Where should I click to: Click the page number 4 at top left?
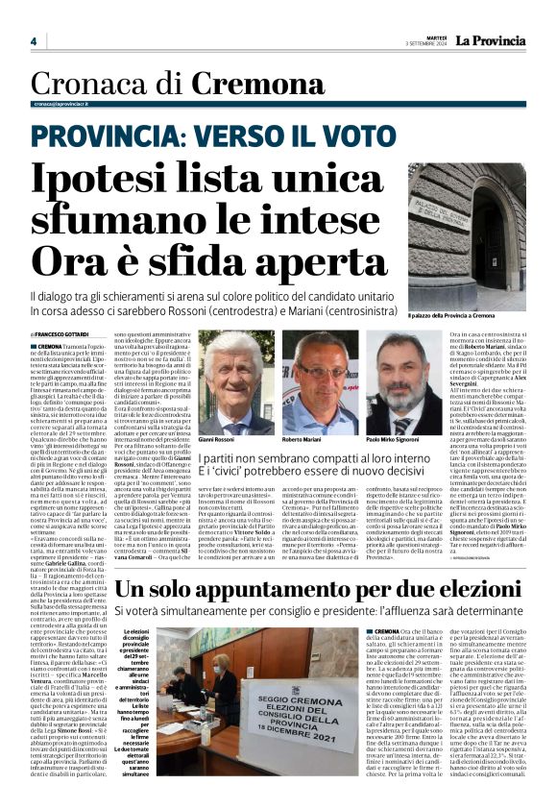[33, 41]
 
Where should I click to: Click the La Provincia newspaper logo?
[490, 40]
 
